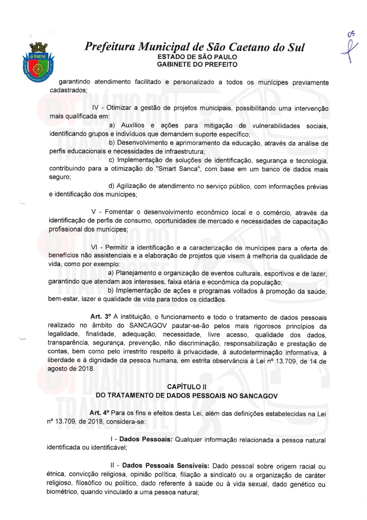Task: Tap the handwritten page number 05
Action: (351, 34)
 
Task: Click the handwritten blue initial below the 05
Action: (349, 52)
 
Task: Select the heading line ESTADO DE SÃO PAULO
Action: (197, 57)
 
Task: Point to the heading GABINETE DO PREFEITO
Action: (197, 64)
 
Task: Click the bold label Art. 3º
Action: (101, 317)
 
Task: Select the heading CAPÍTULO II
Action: (187, 387)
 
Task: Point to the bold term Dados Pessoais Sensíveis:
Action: (166, 465)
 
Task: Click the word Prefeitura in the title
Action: (110, 47)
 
